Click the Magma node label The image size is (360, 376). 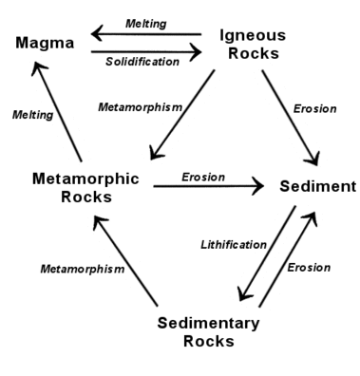[44, 43]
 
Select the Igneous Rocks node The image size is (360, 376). [252, 44]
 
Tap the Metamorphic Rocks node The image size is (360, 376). [85, 187]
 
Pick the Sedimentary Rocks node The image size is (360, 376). [207, 331]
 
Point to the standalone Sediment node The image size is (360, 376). [316, 186]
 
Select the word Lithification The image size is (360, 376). [233, 244]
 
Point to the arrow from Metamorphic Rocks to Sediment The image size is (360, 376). [209, 187]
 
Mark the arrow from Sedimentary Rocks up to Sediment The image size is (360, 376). [289, 258]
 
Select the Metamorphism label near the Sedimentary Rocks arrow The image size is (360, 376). [82, 269]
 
